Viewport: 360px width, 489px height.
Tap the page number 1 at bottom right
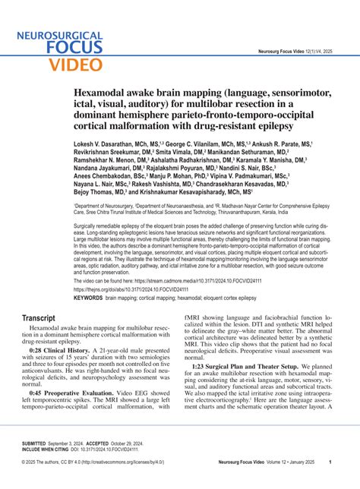tap(330, 462)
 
